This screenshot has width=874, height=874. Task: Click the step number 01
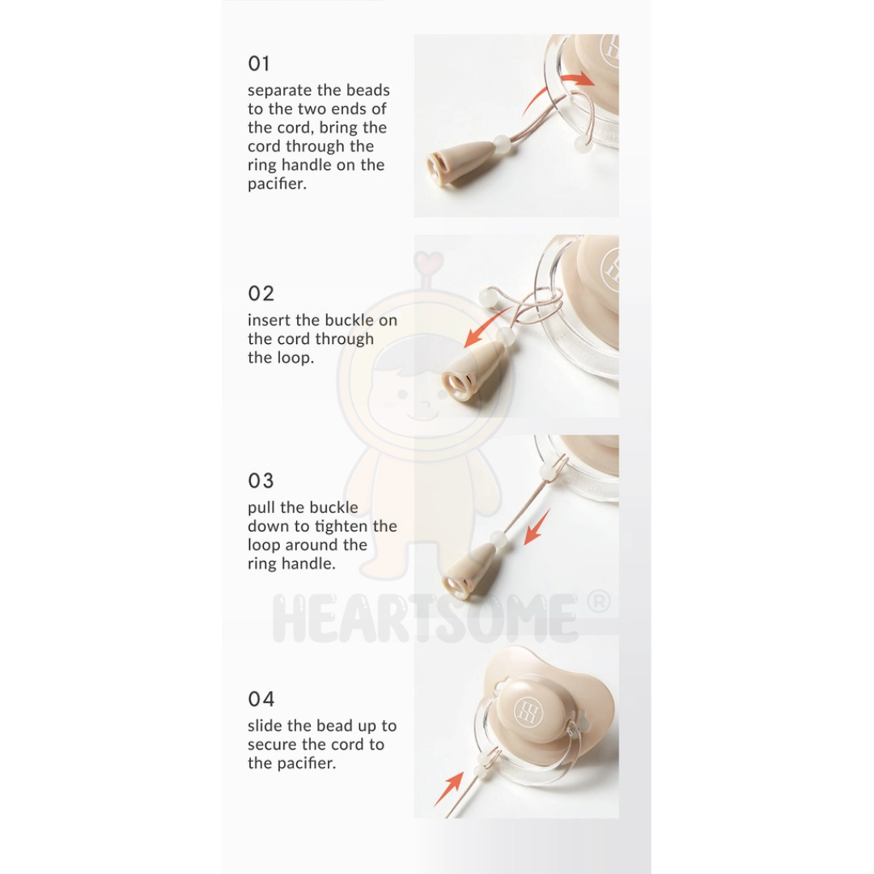259,64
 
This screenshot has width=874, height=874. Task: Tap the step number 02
261,294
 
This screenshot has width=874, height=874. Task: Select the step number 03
261,481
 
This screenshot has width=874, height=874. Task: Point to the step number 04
261,699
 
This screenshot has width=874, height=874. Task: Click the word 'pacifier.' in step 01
277,184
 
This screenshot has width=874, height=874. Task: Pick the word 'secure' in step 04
274,745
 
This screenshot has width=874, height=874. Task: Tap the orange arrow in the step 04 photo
449,788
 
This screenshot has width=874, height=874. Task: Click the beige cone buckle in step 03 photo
467,569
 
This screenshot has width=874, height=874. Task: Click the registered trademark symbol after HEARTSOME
599,602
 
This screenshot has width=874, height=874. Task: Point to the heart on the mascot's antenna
428,260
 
